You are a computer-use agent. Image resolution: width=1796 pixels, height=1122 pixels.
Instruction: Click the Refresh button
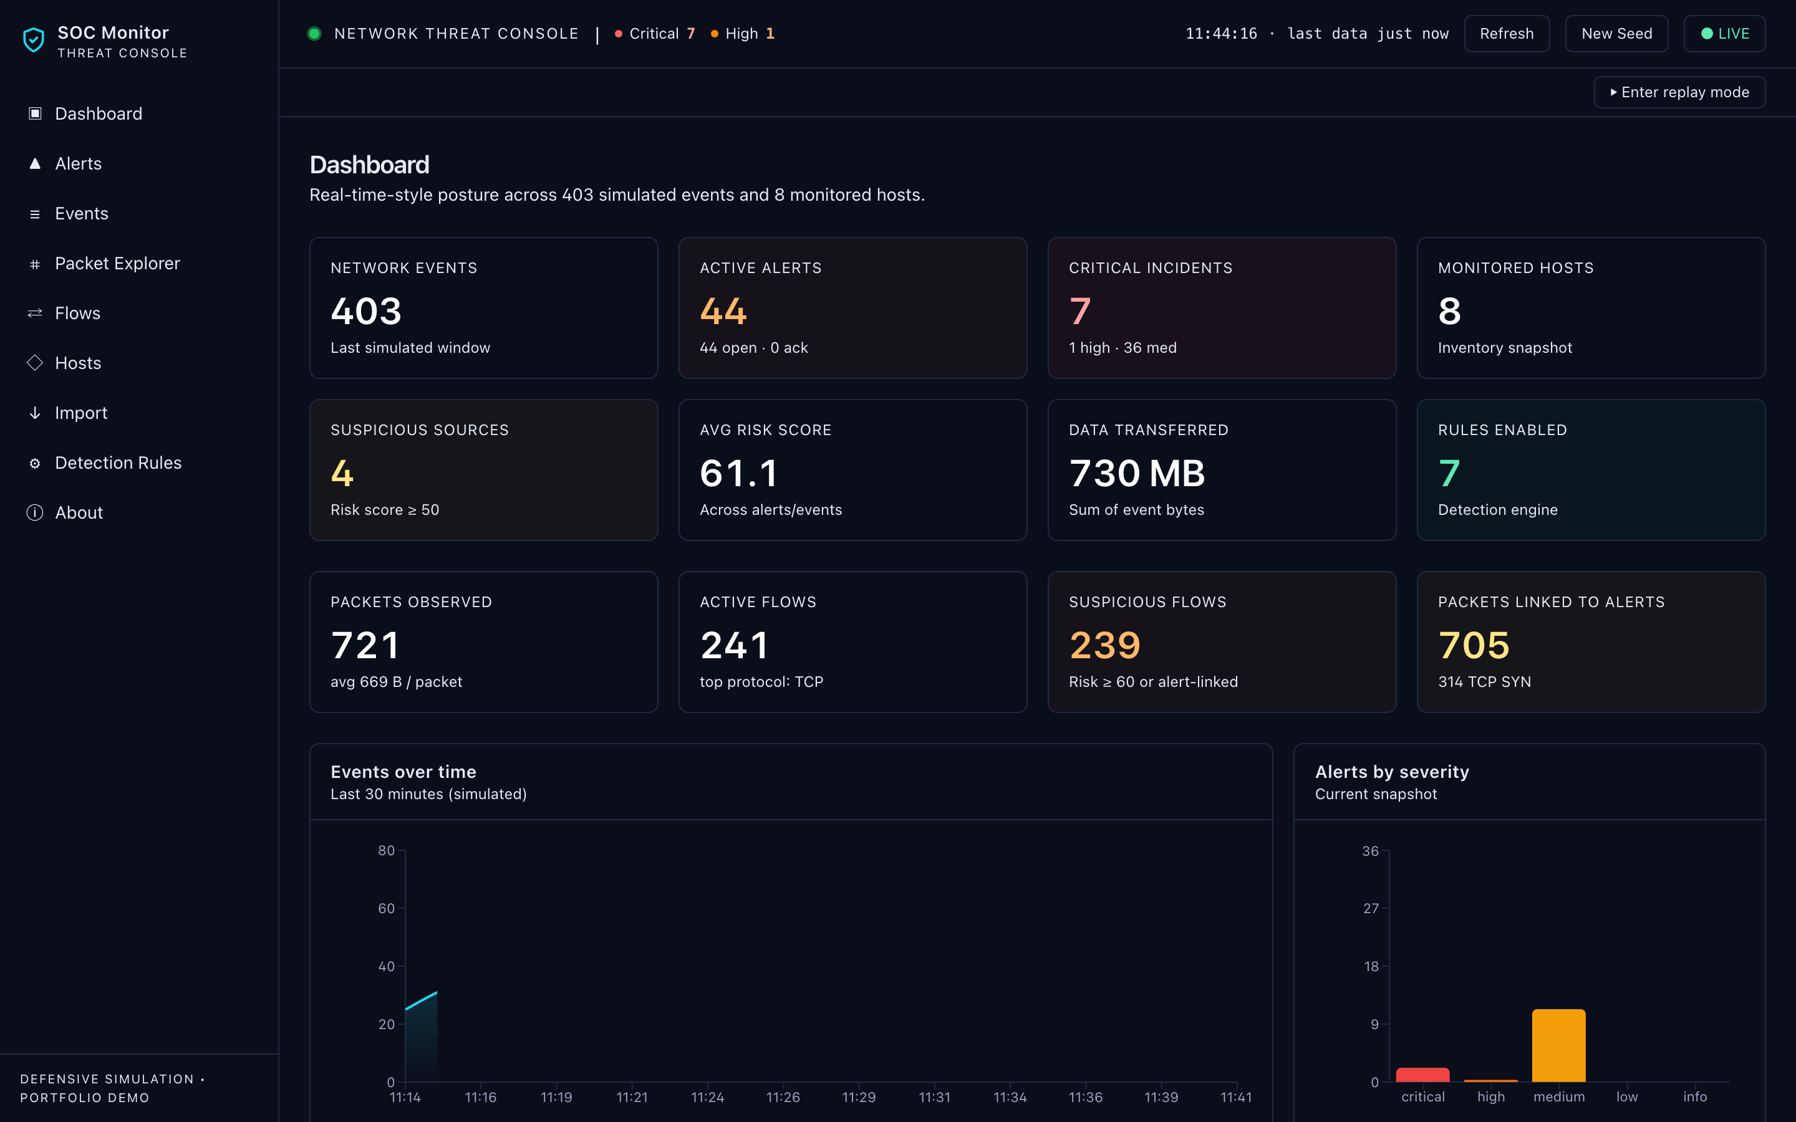pos(1506,34)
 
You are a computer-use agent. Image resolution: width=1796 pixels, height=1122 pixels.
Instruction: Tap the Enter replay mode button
pos(1679,92)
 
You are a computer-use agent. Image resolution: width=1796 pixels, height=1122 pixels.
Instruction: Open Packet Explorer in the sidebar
pos(117,264)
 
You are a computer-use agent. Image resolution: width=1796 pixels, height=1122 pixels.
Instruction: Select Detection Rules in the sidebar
pos(118,463)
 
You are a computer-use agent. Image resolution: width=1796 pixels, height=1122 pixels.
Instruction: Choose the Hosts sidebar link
pos(78,363)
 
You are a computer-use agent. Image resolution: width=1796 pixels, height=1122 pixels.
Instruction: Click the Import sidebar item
pos(81,413)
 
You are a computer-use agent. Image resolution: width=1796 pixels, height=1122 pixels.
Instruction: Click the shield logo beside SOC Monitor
pos(34,40)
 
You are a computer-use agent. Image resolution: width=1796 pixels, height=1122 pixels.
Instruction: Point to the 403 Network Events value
pos(366,311)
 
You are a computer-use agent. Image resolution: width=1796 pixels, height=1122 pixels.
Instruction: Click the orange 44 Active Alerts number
pos(723,311)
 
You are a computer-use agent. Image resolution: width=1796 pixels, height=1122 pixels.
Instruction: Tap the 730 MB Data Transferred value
pos(1137,474)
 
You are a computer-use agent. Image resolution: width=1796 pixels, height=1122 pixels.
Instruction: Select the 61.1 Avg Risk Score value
pos(738,474)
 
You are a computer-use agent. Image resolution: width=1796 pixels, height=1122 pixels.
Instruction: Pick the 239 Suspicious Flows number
pos(1104,646)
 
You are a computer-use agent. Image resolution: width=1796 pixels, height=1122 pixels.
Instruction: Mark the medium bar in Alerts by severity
pos(1558,1045)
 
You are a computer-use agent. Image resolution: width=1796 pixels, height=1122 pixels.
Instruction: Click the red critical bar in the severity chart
pos(1422,1075)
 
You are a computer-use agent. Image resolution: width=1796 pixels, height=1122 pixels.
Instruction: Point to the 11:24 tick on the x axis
pos(707,1097)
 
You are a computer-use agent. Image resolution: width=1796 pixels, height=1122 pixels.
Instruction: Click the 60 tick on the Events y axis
pos(387,908)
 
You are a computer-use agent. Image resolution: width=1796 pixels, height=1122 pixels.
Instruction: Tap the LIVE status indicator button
pos(1724,34)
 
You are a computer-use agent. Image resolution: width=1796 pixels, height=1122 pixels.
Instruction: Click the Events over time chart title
pos(403,772)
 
